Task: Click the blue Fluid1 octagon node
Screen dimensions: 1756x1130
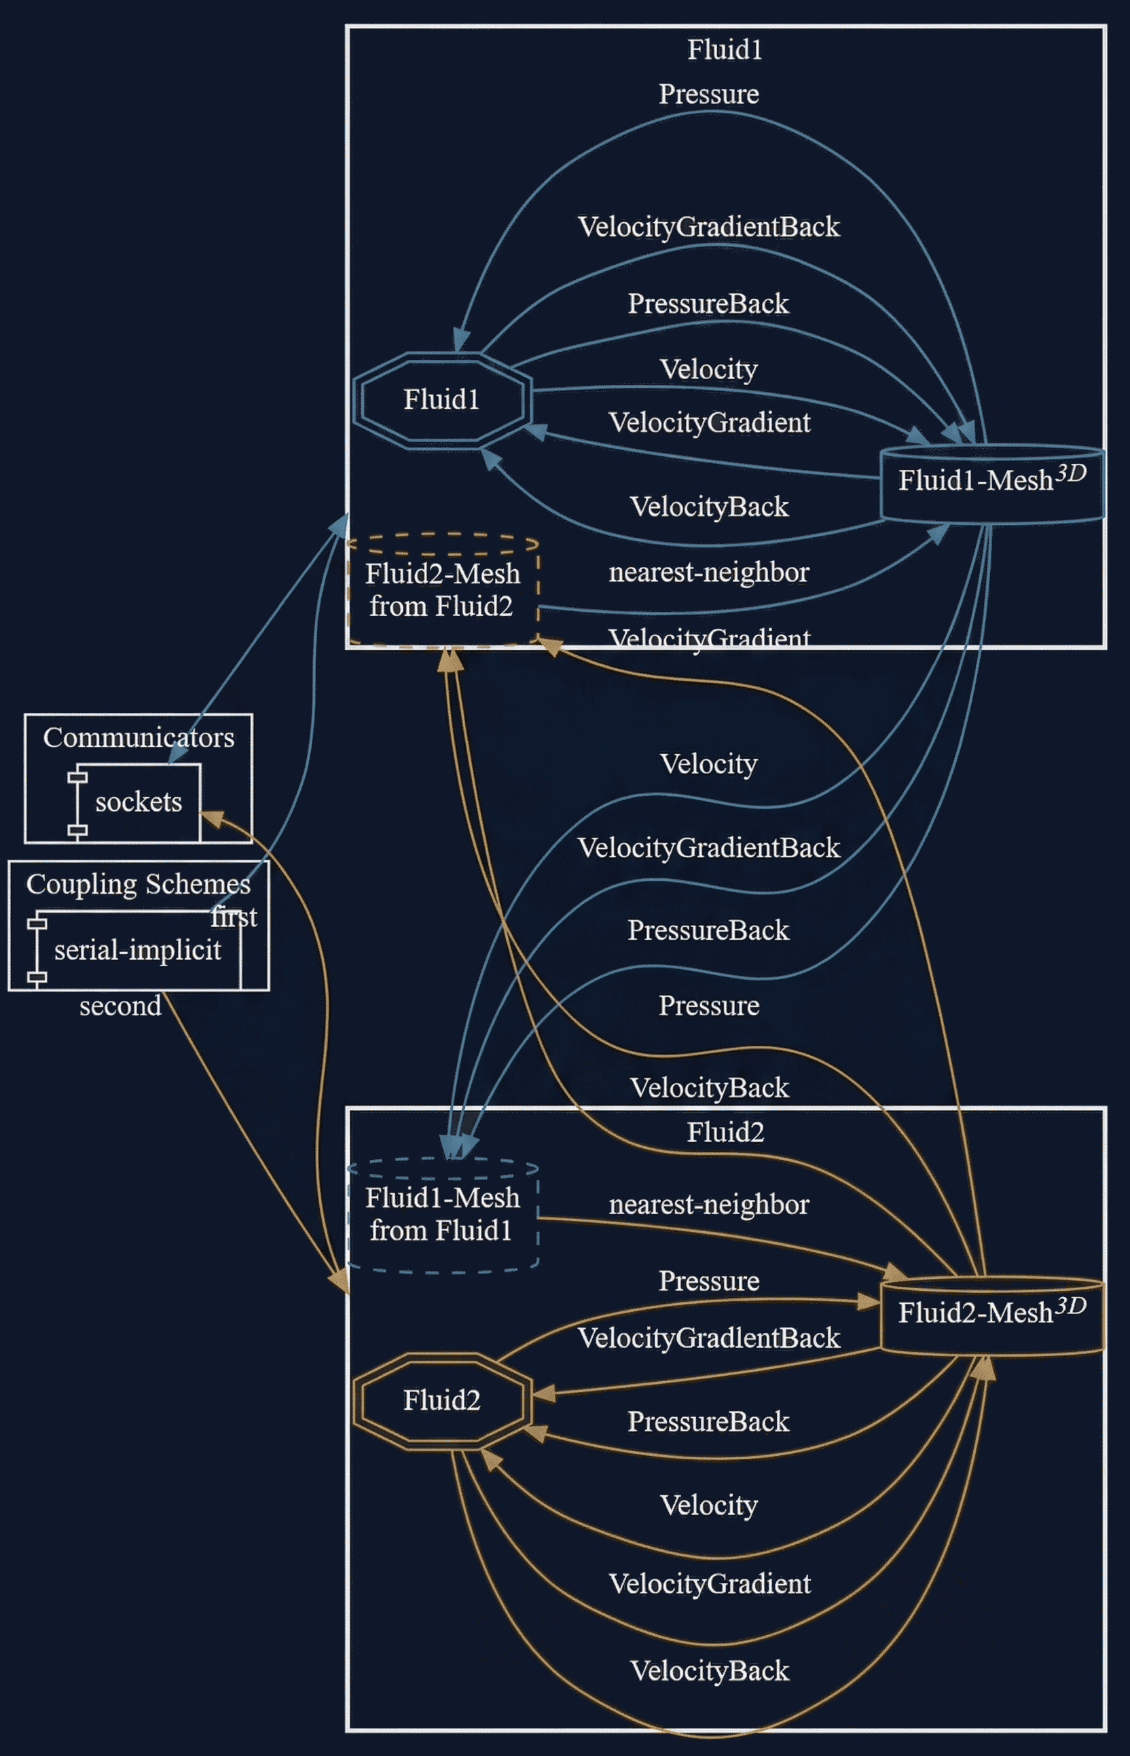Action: coord(441,400)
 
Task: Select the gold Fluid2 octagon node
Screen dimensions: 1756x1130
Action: coord(441,1400)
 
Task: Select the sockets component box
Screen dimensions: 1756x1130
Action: coord(138,802)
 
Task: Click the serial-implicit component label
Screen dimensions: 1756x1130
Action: coord(137,951)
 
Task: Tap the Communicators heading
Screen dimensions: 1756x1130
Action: coord(138,737)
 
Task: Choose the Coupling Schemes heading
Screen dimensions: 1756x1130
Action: coord(138,884)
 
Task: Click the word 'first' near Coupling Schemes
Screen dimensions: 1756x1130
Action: coord(234,917)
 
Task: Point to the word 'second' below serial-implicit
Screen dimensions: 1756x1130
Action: coord(120,1006)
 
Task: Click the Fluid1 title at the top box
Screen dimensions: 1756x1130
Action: coord(725,50)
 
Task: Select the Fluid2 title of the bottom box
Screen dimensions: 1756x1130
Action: coord(725,1132)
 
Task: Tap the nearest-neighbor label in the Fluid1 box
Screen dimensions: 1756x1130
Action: coord(709,572)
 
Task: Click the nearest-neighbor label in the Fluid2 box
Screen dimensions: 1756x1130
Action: coord(709,1205)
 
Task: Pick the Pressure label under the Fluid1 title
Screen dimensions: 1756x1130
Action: coord(709,94)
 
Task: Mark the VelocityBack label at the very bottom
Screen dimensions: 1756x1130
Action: coord(710,1670)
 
